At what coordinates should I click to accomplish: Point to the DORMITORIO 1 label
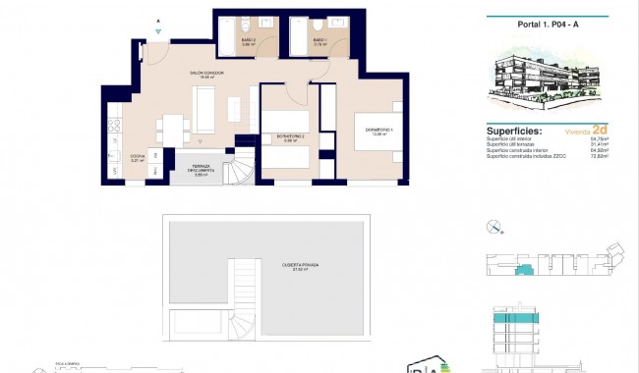379,132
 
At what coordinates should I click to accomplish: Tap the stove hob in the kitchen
111,126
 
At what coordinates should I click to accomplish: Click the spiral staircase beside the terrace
242,173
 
